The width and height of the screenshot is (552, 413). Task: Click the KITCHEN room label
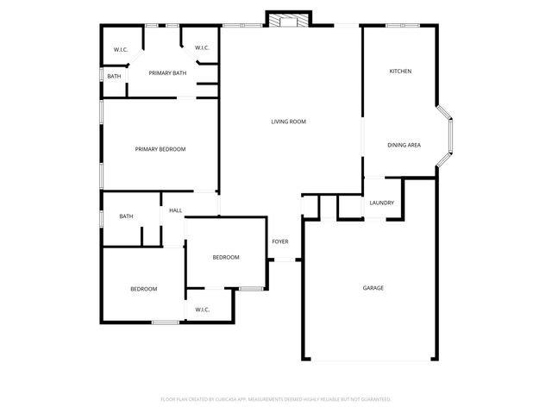click(399, 71)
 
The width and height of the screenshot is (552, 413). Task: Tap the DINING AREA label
click(404, 145)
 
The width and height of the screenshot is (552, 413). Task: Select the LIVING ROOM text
click(289, 122)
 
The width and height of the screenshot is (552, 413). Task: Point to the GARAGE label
click(373, 288)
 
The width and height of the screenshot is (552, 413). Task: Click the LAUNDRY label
click(382, 203)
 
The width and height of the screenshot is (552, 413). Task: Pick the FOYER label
click(280, 241)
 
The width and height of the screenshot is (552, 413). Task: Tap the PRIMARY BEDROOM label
click(160, 149)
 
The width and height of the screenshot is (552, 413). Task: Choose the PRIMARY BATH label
click(167, 73)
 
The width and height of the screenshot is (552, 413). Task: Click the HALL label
click(175, 210)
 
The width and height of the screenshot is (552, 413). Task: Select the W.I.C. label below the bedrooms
click(203, 310)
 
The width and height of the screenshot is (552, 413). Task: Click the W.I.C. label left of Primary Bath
click(121, 49)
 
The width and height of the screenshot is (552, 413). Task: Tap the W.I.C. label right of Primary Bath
click(203, 48)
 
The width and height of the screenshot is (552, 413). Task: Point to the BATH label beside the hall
click(126, 216)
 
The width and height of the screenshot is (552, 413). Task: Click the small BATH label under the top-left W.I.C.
click(114, 77)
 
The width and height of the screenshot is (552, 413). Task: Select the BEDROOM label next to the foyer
click(226, 258)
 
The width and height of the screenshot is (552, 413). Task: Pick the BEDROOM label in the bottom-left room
click(144, 289)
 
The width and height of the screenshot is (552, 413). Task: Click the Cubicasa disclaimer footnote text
click(276, 399)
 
